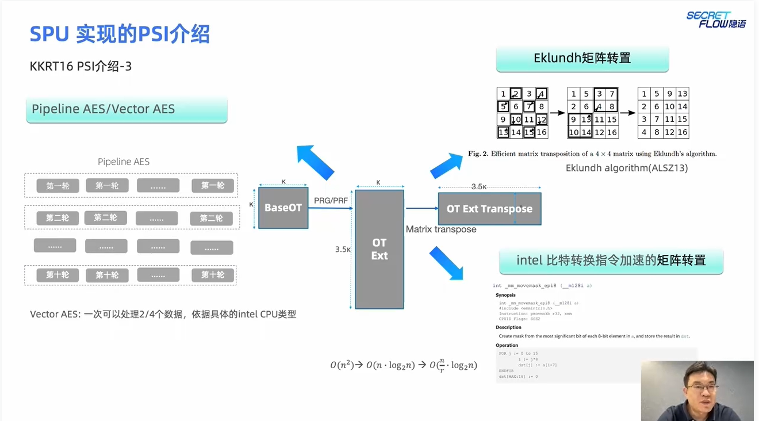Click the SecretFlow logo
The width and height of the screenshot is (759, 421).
715,20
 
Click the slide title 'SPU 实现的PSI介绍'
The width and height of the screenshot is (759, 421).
120,35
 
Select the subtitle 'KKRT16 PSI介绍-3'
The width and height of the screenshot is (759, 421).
80,66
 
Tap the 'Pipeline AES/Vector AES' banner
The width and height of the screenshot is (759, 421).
126,109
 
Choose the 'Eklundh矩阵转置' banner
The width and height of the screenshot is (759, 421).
582,58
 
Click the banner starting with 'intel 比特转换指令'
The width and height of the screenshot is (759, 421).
611,261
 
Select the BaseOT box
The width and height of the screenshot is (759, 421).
283,208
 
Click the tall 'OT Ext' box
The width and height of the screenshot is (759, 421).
379,249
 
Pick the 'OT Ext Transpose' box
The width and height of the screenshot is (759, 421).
489,209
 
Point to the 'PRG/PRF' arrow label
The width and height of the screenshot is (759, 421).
331,201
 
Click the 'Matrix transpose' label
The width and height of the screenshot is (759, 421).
441,229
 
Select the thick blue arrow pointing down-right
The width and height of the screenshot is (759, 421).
446,263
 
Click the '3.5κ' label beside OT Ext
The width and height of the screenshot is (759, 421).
343,250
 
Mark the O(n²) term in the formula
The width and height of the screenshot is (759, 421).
342,365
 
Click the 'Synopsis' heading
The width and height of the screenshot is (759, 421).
505,295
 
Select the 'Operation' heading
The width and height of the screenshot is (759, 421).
507,346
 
